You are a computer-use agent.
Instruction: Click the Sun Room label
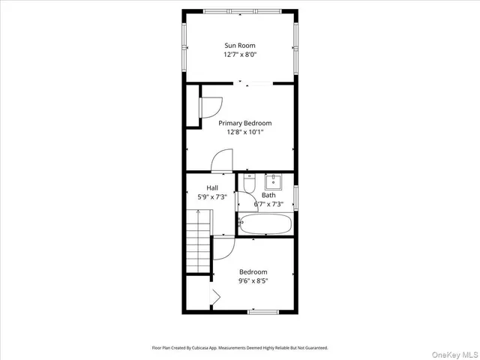pyautogui.click(x=240, y=46)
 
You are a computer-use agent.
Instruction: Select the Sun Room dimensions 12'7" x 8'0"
pyautogui.click(x=240, y=55)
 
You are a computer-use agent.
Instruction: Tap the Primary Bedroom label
pyautogui.click(x=244, y=123)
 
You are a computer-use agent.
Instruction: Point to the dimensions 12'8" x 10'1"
pyautogui.click(x=244, y=132)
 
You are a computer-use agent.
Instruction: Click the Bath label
pyautogui.click(x=268, y=195)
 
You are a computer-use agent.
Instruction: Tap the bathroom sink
pyautogui.click(x=274, y=180)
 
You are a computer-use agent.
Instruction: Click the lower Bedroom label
pyautogui.click(x=253, y=271)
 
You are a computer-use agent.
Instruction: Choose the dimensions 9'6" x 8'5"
pyautogui.click(x=253, y=280)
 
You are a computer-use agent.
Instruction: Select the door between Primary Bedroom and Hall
pyautogui.click(x=223, y=161)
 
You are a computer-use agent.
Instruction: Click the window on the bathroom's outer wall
pyautogui.click(x=295, y=197)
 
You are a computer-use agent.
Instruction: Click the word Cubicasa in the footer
pyautogui.click(x=201, y=348)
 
